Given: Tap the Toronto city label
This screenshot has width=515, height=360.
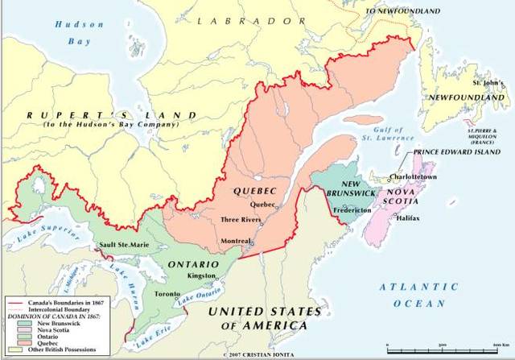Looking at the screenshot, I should [x=167, y=295].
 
